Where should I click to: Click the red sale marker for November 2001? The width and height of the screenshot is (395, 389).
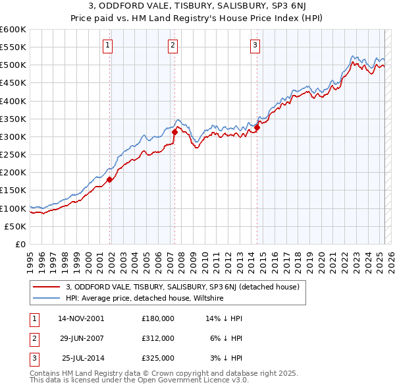[110, 180]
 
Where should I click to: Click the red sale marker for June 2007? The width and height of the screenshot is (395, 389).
[174, 133]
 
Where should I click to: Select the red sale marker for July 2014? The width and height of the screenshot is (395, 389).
[257, 128]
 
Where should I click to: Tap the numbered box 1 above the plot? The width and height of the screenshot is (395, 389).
[107, 45]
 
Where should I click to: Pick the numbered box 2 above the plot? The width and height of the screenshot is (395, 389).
[172, 45]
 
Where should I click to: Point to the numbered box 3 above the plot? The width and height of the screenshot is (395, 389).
[255, 45]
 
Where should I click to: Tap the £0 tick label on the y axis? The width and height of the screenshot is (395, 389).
[20, 245]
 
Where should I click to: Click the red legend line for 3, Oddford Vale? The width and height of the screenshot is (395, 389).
[47, 287]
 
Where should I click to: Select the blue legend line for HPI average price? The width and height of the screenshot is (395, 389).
[47, 298]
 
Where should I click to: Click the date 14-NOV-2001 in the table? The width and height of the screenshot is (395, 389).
[81, 318]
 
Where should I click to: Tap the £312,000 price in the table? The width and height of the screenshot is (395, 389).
[158, 338]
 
